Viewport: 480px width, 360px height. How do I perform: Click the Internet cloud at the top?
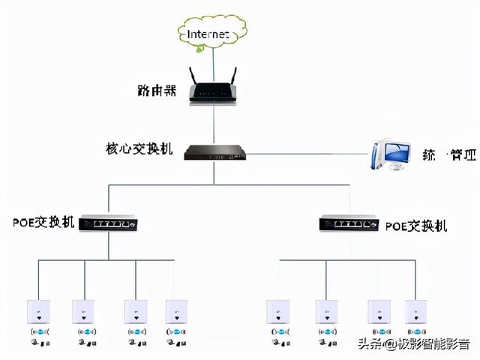(x=212, y=33)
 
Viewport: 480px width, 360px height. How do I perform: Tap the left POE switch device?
(x=109, y=223)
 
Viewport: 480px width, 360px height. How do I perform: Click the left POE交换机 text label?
(x=43, y=223)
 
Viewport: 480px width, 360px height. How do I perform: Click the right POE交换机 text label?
(x=416, y=225)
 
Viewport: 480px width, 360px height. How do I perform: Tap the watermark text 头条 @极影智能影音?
(x=412, y=344)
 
